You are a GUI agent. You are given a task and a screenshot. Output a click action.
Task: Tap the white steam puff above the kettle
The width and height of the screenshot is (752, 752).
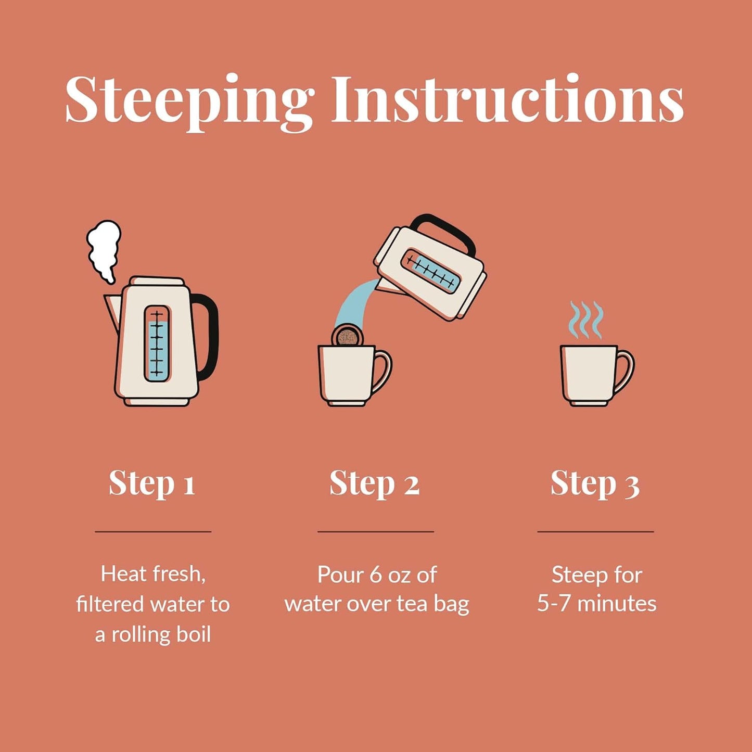pos(104,250)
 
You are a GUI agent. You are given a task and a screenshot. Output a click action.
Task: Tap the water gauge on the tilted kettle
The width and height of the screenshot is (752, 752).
pos(432,272)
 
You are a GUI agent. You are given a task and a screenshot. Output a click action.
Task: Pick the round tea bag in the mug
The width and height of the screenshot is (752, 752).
pos(346,335)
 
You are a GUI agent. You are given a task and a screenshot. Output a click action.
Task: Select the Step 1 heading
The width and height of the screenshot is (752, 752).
pos(152,485)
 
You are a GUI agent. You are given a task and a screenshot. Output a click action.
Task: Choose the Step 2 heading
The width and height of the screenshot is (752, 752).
pos(375,485)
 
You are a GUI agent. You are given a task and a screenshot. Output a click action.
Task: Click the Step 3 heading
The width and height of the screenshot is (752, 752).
pos(595,485)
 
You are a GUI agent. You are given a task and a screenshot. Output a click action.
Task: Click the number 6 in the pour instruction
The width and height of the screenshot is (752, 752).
pos(375,575)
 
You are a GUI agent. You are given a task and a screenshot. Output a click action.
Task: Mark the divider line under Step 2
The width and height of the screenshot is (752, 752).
pos(376,531)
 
